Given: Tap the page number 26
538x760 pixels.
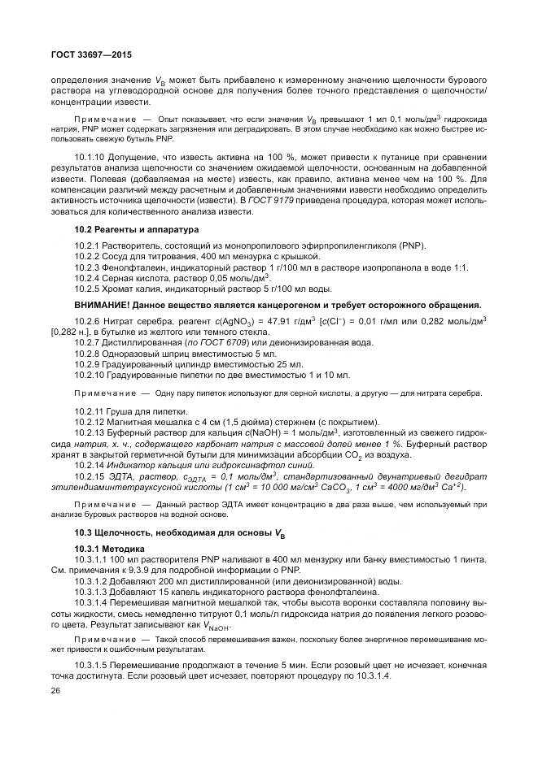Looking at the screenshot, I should (x=55, y=690).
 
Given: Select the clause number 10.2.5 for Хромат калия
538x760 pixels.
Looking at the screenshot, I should (x=88, y=289).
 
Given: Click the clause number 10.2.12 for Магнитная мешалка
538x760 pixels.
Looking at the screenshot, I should (x=90, y=422).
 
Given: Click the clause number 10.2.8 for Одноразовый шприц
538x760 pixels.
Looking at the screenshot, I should (x=88, y=354).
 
